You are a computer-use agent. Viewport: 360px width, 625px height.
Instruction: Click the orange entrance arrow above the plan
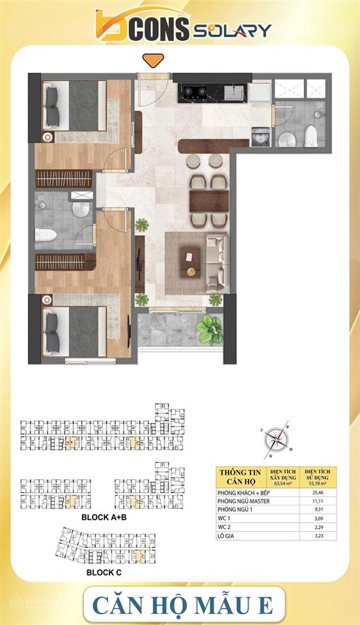point(153,61)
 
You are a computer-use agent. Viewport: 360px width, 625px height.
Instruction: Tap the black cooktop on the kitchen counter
point(194,92)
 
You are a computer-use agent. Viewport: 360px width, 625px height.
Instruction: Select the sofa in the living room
point(215,262)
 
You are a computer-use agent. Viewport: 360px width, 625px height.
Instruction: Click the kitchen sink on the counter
point(235,91)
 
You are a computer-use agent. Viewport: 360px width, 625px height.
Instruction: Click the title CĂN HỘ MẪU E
point(181,603)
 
